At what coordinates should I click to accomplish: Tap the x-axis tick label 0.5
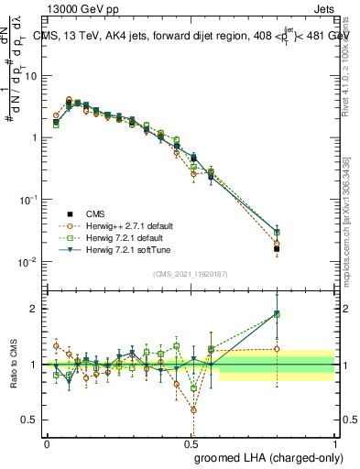pos(191,443)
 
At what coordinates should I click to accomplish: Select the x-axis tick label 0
pos(47,443)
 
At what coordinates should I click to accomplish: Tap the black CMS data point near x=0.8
pos(277,248)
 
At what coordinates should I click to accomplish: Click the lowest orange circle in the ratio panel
pos(193,409)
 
